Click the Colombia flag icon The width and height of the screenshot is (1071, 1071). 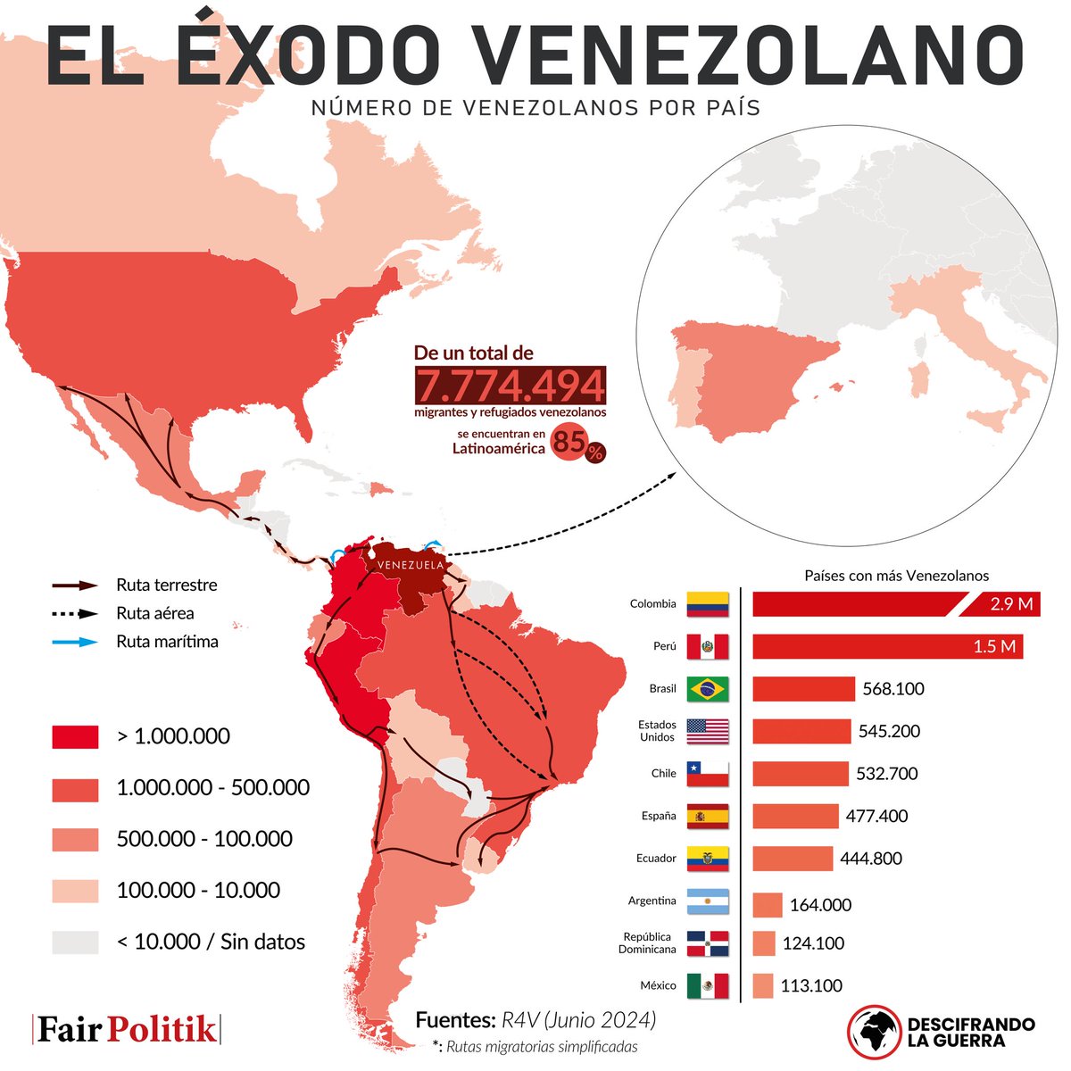click(x=708, y=604)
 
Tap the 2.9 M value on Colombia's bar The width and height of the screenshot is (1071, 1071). click(x=1011, y=604)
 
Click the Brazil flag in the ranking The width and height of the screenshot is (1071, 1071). click(x=708, y=689)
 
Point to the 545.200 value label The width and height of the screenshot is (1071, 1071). click(x=890, y=731)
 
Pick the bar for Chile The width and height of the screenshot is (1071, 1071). click(x=801, y=774)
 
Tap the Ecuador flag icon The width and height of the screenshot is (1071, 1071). click(x=708, y=859)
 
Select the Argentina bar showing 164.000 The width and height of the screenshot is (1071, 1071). click(x=768, y=904)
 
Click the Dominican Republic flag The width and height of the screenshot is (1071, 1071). click(x=708, y=943)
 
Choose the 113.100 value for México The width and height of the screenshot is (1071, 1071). click(x=811, y=985)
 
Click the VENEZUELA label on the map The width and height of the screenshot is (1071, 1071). click(x=411, y=566)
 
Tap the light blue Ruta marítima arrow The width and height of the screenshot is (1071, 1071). click(x=75, y=642)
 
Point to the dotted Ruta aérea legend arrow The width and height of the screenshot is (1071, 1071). click(x=75, y=614)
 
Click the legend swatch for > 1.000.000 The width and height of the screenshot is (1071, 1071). click(x=75, y=736)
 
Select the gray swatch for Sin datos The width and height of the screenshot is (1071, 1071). click(x=75, y=942)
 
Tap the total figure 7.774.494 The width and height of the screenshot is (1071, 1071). click(x=511, y=386)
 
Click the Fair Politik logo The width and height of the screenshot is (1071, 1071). click(x=126, y=1029)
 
